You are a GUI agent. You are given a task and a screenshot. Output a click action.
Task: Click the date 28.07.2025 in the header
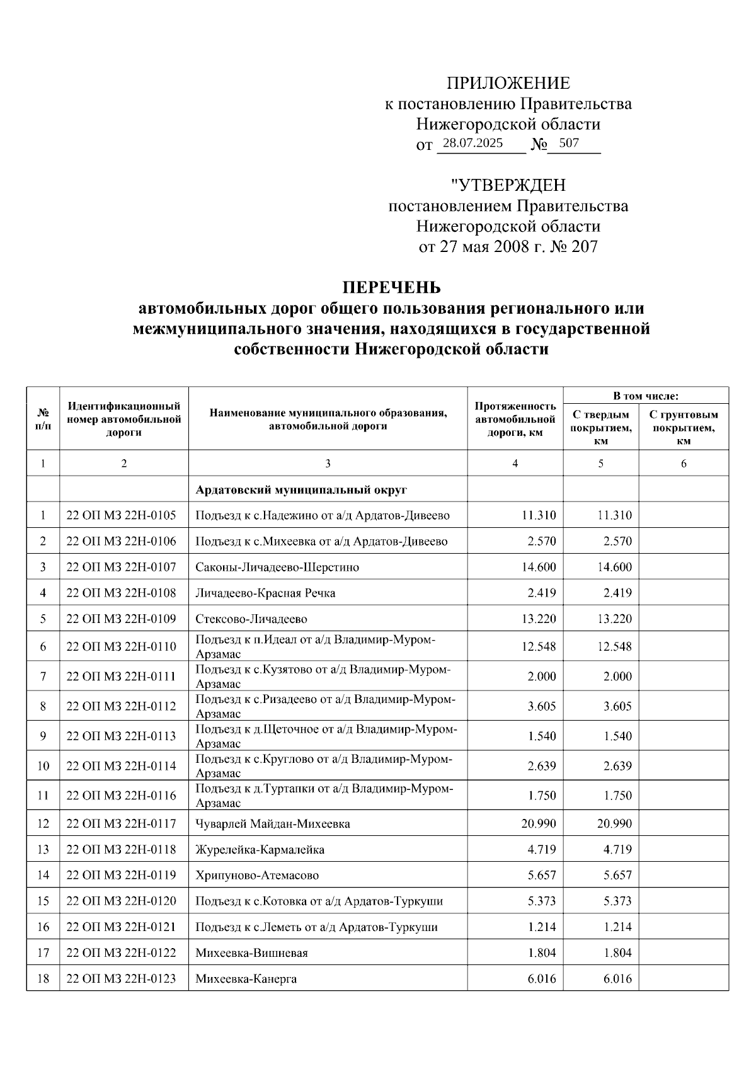click(472, 143)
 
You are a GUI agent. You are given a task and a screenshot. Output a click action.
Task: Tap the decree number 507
click(569, 143)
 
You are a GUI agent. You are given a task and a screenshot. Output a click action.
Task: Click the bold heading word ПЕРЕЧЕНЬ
click(391, 288)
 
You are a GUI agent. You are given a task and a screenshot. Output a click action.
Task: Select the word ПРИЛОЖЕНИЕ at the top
click(508, 83)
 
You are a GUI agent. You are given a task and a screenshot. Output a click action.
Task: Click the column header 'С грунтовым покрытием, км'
click(684, 427)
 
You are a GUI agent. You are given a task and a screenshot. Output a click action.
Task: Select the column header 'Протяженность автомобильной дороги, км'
click(515, 419)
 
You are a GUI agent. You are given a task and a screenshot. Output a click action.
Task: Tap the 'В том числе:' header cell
click(646, 396)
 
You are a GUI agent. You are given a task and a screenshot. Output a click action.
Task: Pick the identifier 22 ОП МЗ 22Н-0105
click(122, 515)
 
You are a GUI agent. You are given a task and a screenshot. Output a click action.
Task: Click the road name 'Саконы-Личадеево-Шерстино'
click(277, 567)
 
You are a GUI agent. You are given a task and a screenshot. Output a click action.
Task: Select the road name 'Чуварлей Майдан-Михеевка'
click(273, 823)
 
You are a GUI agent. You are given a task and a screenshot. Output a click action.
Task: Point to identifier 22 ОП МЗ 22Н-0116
click(122, 796)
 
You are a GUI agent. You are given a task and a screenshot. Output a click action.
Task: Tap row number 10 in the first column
click(43, 766)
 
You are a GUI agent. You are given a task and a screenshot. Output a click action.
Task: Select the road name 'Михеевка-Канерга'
click(246, 978)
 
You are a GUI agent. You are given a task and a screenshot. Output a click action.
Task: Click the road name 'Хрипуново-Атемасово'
click(257, 875)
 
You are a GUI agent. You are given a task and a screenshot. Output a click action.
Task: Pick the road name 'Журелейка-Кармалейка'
click(260, 849)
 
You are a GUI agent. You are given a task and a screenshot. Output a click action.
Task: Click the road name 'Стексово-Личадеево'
click(251, 619)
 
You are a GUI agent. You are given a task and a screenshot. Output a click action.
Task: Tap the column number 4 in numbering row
click(515, 463)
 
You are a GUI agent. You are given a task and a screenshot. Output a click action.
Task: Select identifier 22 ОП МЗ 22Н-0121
click(122, 927)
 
